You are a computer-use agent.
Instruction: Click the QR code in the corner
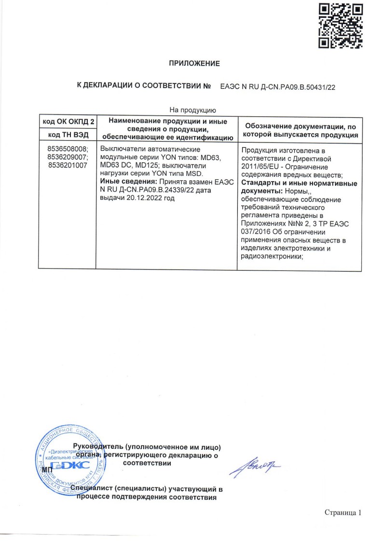click(x=341, y=26)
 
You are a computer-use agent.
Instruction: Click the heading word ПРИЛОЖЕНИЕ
click(x=194, y=63)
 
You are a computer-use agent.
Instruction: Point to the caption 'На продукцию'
click(x=192, y=111)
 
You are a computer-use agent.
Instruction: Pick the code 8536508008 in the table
click(x=68, y=149)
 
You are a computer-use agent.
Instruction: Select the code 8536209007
click(x=68, y=157)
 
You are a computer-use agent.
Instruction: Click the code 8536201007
click(x=67, y=165)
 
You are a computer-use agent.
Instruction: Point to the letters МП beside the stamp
click(x=48, y=470)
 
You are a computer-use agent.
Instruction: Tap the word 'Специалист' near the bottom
click(x=92, y=489)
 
